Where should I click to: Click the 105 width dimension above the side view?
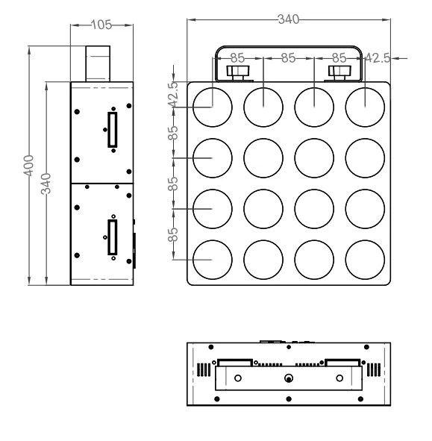pos(100,25)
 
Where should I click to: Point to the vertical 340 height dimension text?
pos(46,184)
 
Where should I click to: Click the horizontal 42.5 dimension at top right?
pos(377,57)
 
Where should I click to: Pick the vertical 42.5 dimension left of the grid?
pos(174,96)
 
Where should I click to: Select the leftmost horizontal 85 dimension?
pos(238,57)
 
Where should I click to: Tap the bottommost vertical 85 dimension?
pos(174,234)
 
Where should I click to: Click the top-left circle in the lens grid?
pos(213,107)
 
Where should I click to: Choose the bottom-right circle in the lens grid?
pos(365,259)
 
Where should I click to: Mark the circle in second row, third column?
pos(314,157)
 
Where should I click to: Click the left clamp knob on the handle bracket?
pos(238,72)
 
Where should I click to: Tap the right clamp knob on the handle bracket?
pos(339,72)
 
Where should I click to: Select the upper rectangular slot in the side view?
pos(113,130)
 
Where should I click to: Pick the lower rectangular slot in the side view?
pos(113,238)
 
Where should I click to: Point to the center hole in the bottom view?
pos(289,378)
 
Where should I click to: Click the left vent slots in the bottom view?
pos(204,370)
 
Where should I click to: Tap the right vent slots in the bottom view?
pos(374,370)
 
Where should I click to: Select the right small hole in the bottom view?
pos(339,378)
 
